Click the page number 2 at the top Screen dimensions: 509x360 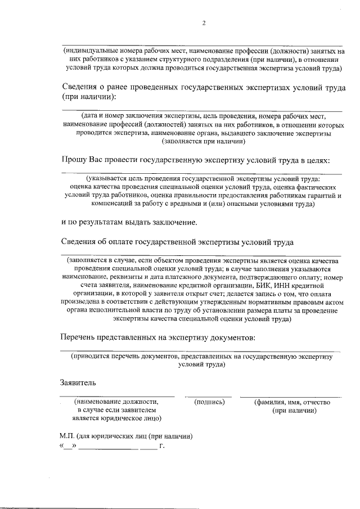204,23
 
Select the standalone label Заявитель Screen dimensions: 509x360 78,384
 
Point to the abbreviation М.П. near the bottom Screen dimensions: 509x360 70,436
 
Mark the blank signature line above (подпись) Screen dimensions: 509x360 208,397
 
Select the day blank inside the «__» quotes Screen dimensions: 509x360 67,448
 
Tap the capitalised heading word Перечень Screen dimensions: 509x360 78,337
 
